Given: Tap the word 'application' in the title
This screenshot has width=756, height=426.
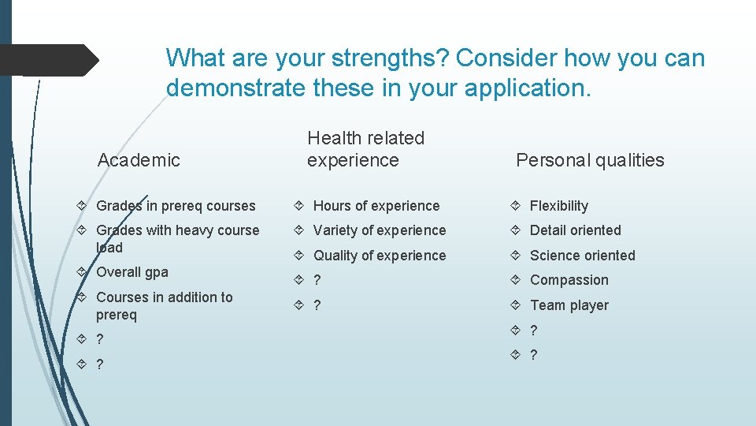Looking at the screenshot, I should click(x=525, y=88).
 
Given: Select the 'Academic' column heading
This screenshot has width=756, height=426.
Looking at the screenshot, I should click(x=139, y=160).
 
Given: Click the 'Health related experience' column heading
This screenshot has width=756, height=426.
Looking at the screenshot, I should click(x=365, y=149).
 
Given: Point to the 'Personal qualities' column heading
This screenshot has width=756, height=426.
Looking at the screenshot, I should click(x=590, y=160).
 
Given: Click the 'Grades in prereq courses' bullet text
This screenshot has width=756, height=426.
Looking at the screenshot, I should click(x=176, y=206).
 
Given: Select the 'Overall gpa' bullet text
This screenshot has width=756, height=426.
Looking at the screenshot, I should click(x=132, y=272).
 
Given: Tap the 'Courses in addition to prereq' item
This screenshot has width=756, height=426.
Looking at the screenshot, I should click(x=164, y=306).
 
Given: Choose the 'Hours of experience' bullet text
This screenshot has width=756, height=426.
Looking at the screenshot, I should click(x=376, y=206).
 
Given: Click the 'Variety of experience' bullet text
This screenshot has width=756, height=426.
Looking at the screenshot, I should click(x=380, y=230).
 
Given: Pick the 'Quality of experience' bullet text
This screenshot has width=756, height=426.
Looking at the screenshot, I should click(x=380, y=256).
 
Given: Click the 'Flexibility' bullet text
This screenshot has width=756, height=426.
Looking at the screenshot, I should click(x=559, y=206).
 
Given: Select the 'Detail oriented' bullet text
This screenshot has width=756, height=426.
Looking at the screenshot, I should click(x=576, y=230).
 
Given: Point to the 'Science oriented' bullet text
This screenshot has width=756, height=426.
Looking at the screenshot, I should click(x=583, y=256).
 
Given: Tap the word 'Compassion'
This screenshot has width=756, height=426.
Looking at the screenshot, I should click(x=569, y=280).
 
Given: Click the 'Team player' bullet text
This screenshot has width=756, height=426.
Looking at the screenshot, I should click(x=569, y=305).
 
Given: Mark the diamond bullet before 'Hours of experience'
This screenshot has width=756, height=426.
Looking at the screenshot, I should click(x=300, y=206).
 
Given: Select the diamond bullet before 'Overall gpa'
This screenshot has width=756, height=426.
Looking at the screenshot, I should click(x=83, y=272).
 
